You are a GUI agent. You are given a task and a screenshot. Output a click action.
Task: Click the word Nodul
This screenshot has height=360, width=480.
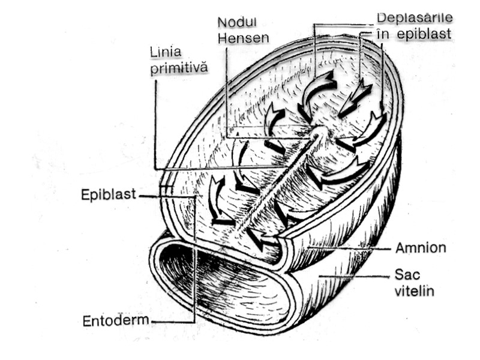click(237, 22)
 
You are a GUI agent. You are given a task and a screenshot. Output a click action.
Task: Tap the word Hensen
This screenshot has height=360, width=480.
click(244, 37)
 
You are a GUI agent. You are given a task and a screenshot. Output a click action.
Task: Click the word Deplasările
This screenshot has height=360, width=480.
click(414, 18)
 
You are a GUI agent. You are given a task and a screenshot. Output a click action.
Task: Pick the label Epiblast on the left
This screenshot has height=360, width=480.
click(109, 194)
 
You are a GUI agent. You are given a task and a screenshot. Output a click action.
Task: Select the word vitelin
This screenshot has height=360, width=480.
click(414, 292)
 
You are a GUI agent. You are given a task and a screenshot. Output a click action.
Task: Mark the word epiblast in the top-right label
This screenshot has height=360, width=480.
click(423, 34)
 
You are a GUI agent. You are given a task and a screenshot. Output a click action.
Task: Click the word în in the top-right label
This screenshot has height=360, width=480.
click(384, 34)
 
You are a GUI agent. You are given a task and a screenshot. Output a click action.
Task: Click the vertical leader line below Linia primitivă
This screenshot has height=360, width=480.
click(155, 120)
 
